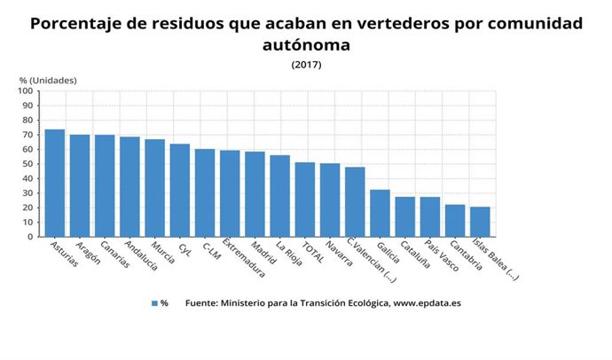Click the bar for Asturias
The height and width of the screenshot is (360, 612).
point(55,184)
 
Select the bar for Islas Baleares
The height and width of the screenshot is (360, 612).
point(480,222)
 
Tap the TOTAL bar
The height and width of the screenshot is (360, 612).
point(305,200)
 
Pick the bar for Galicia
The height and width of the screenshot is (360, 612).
point(380,213)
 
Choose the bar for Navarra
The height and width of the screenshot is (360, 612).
point(330,200)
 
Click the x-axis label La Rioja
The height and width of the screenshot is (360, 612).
point(288,253)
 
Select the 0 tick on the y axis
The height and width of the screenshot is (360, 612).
point(29,237)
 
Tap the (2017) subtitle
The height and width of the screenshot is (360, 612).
point(306,64)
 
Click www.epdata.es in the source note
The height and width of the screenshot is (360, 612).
point(428,303)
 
